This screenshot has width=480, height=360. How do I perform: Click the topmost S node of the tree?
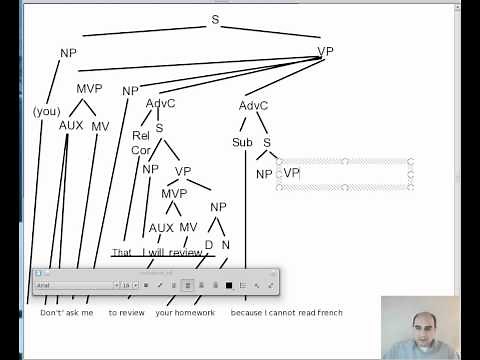[x=214, y=19]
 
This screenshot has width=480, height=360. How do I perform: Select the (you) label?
[x=47, y=111]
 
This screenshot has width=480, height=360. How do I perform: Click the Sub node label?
[x=242, y=142]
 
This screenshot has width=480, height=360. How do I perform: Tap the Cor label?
[x=140, y=150]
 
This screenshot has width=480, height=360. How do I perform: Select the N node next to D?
[x=225, y=244]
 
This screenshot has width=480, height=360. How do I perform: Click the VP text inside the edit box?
[x=291, y=173]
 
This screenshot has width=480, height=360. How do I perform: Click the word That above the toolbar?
[x=122, y=253]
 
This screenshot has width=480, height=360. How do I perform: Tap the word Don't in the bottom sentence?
[x=51, y=313]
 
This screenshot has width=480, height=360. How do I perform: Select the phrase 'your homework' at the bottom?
[x=185, y=313]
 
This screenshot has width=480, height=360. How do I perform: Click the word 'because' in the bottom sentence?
[x=246, y=313]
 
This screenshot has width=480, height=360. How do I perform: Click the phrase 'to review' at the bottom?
[x=126, y=313]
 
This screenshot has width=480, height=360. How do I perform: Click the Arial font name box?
[x=76, y=285]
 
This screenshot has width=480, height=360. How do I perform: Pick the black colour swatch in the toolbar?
[x=229, y=285]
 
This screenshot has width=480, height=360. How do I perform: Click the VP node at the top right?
[x=326, y=52]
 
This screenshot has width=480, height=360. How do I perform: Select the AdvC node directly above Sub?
[x=254, y=105]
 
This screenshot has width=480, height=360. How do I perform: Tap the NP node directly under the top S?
[x=68, y=54]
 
